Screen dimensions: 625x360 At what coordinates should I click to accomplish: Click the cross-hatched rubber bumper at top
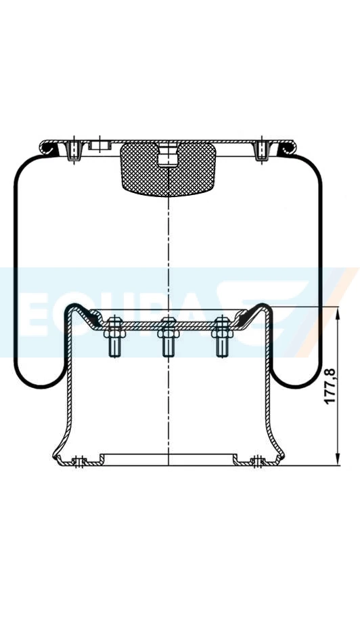(x=167, y=167)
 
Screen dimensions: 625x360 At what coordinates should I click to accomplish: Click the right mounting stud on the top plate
(x=261, y=150)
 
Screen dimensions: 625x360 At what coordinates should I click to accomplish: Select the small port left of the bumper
(x=99, y=145)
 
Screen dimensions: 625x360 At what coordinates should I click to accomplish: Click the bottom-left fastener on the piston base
(x=80, y=462)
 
